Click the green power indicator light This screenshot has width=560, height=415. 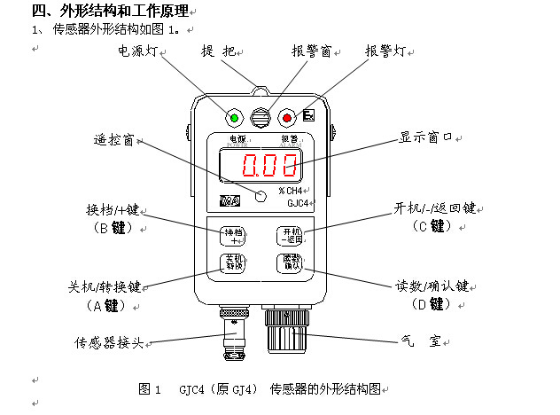click(x=235, y=117)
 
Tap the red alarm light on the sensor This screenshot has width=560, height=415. click(x=285, y=117)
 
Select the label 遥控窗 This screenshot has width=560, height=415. click(x=114, y=140)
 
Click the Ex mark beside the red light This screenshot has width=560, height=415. click(x=308, y=115)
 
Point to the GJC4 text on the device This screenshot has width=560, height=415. click(x=300, y=203)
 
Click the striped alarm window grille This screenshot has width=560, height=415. click(x=261, y=117)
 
